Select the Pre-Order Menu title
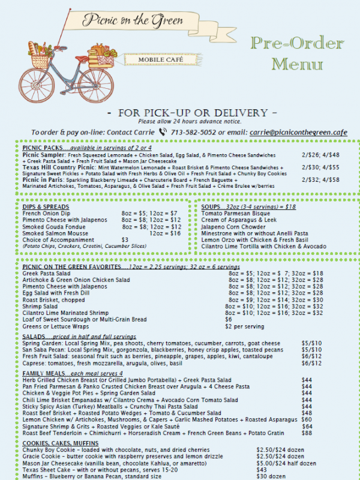pos(298,53)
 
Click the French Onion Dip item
pos(47,214)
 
